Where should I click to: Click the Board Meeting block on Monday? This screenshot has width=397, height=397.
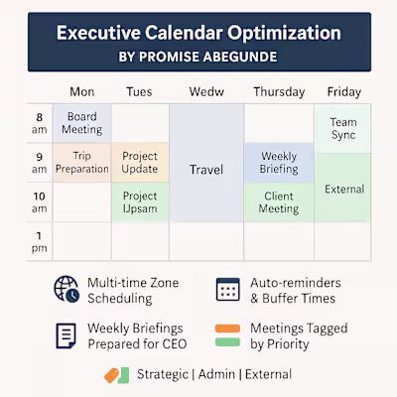point(81,123)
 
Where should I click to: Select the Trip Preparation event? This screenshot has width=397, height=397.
point(81,162)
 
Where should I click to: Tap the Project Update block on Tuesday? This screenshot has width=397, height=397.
point(140,162)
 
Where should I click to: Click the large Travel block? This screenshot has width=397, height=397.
point(205,170)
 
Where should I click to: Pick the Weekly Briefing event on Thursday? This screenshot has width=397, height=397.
point(279,162)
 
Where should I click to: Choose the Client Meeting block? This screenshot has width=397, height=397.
point(279,201)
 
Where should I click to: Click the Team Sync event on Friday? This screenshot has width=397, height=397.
point(343,128)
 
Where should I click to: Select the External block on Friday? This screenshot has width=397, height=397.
point(343,188)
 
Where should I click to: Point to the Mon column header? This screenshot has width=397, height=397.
point(81,91)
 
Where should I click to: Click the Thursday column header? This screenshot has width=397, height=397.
point(279,91)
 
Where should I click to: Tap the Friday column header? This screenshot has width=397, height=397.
point(343,91)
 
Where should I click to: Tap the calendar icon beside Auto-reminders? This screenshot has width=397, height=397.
point(228,289)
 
